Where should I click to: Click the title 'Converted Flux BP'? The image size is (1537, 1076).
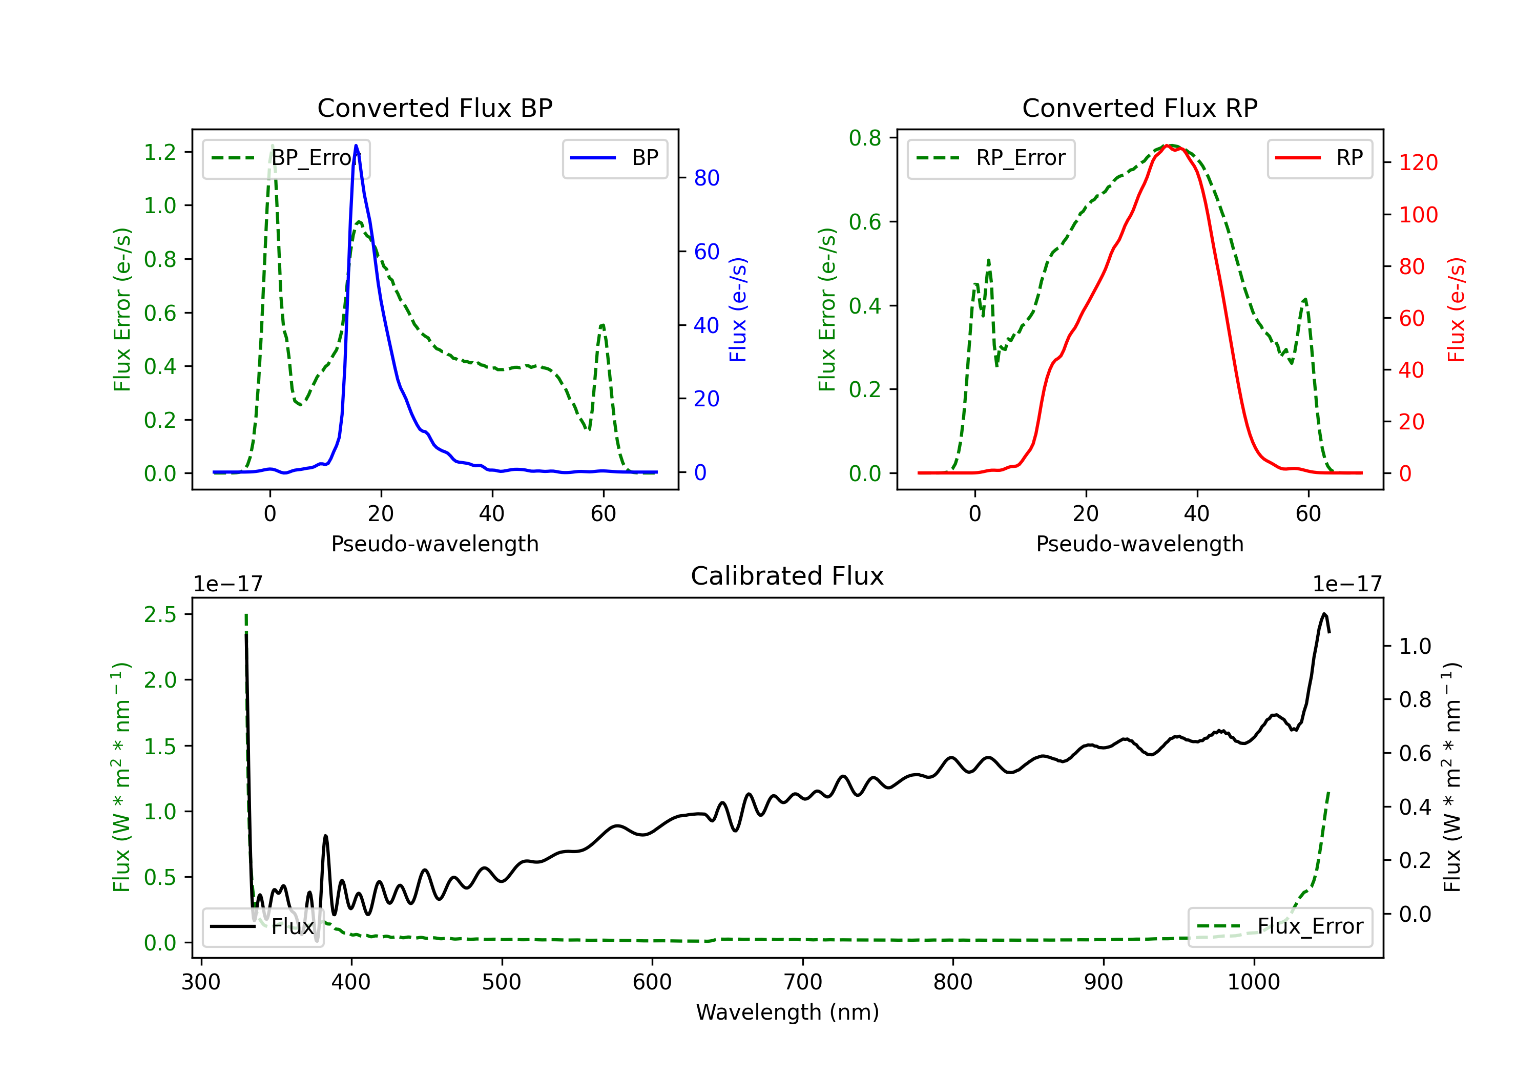pos(434,108)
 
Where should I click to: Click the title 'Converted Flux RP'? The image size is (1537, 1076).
pos(1139,108)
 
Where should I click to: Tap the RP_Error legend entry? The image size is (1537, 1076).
pos(991,159)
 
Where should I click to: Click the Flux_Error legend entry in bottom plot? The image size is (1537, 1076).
pos(1280,927)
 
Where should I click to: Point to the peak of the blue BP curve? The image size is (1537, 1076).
pos(356,146)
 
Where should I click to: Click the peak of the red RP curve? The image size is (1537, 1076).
pos(1167,146)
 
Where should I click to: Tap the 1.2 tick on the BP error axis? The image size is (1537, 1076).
pos(160,152)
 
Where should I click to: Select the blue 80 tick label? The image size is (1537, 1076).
pos(706,178)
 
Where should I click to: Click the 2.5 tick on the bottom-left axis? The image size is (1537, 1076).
pos(160,615)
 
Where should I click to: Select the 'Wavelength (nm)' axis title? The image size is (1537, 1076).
pos(787,1012)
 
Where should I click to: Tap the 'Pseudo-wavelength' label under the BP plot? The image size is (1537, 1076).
pos(434,544)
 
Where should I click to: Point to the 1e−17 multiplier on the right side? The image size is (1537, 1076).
pos(1347,584)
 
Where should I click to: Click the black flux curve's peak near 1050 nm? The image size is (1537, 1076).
pos(1323,613)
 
